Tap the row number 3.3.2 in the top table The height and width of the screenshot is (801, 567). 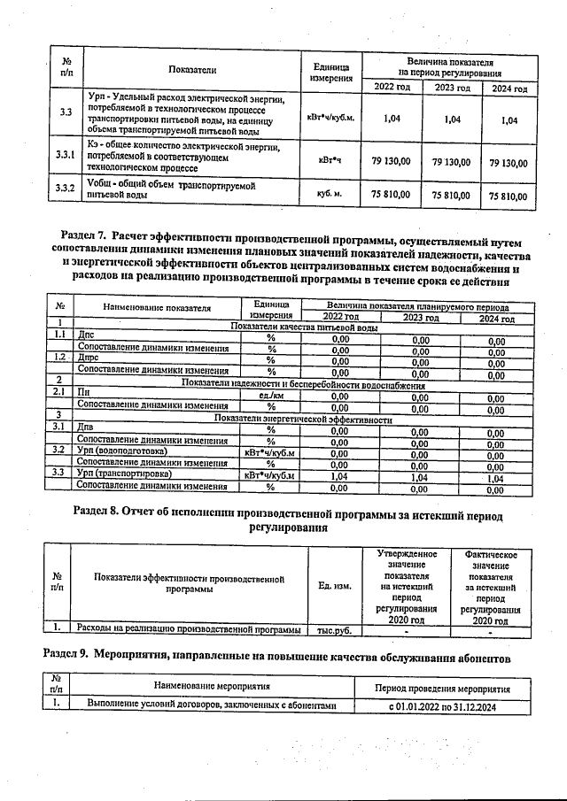[65, 189]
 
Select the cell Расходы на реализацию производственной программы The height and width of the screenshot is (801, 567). [189, 630]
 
